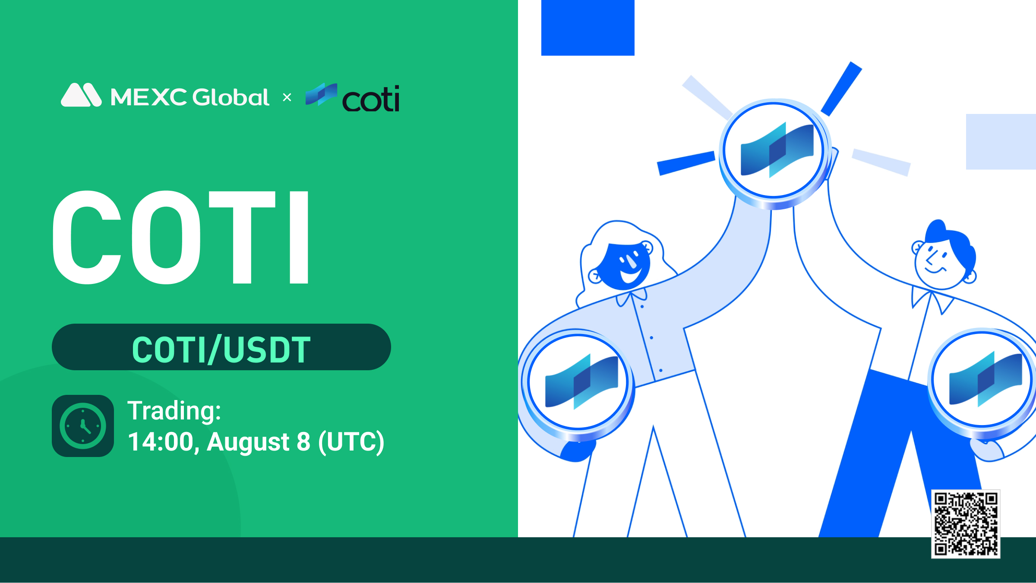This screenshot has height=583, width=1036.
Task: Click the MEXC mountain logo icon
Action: click(81, 95)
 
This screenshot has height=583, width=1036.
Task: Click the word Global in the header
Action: click(231, 97)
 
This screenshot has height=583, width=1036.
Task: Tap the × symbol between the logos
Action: click(287, 98)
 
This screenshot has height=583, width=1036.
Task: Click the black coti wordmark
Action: click(370, 99)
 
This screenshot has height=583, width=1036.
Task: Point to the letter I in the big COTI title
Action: click(299, 237)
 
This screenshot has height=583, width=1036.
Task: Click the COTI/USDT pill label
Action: click(221, 348)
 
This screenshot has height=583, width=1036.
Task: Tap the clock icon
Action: click(83, 426)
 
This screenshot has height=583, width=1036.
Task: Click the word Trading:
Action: click(174, 410)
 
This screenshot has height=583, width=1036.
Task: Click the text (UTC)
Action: click(351, 442)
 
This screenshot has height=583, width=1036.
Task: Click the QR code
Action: click(966, 524)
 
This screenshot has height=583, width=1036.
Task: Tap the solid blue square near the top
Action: click(587, 28)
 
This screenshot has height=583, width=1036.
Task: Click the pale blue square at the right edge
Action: click(1001, 142)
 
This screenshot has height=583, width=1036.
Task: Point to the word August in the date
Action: click(248, 442)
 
